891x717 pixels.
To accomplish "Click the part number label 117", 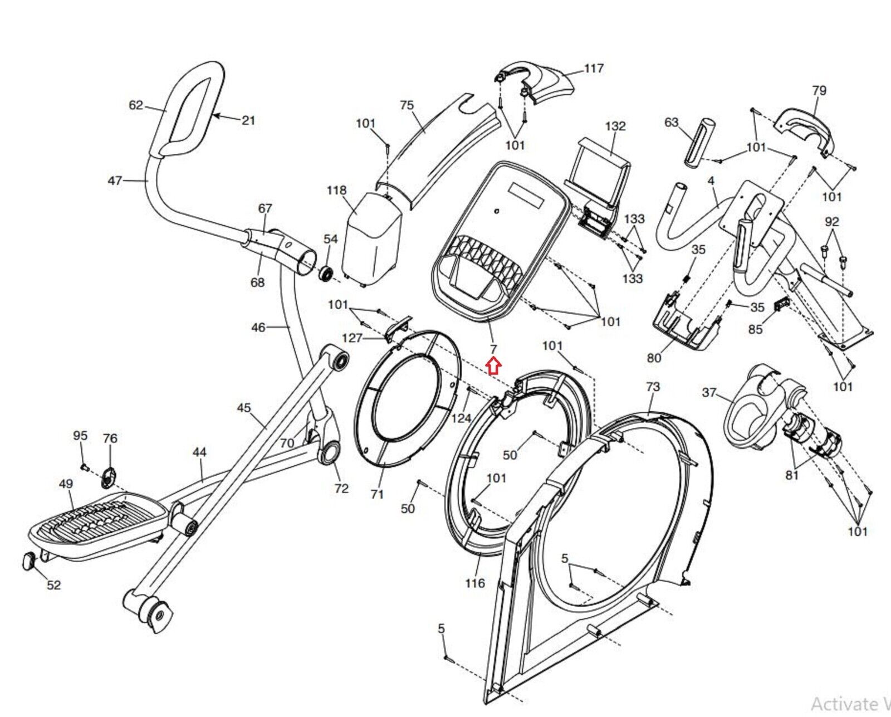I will (594, 69).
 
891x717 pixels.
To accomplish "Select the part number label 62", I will (136, 105).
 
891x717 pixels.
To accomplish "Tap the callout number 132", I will (615, 126).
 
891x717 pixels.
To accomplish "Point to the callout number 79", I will (819, 90).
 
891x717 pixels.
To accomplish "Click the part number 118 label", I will (336, 191).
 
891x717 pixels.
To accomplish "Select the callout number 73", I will (653, 387).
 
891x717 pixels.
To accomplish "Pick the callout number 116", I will (475, 583).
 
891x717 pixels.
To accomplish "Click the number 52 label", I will (53, 585).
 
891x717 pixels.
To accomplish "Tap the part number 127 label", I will (352, 338).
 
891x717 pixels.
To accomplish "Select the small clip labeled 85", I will (782, 305).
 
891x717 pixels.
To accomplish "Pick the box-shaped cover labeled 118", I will (372, 237).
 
